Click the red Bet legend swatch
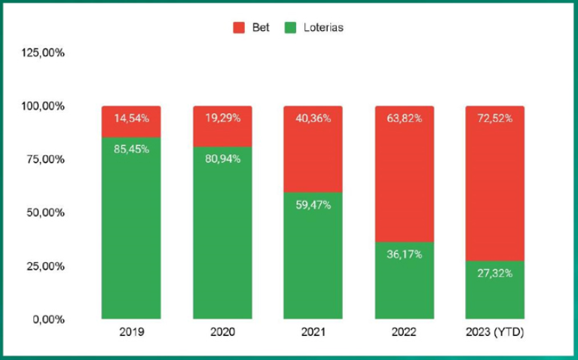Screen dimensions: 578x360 coord(239,28)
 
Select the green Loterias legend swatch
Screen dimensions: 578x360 coord(290,28)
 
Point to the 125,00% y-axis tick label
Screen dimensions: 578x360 coord(43,53)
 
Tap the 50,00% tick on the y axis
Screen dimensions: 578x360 coord(45,212)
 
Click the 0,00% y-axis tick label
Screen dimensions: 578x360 coord(49,319)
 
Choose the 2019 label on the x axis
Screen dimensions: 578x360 coord(132,332)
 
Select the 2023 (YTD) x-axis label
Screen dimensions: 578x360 coord(494,332)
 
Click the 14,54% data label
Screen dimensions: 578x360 coord(132,118)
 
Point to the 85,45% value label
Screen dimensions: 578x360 coord(132,149)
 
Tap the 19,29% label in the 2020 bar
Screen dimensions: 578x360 coord(222,118)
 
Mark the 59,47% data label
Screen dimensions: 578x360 coord(313,205)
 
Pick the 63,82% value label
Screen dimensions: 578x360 coord(405,118)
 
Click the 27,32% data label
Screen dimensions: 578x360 coord(494,273)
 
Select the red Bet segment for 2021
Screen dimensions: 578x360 coord(313,149)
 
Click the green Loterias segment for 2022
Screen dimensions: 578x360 coord(405,280)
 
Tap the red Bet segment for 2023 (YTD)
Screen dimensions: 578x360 coord(494,184)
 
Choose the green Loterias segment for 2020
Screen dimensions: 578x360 coord(222,233)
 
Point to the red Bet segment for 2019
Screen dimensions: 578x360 coord(131,121)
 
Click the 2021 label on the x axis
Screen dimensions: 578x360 coord(313,332)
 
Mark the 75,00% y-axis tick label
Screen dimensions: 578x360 coord(45,159)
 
